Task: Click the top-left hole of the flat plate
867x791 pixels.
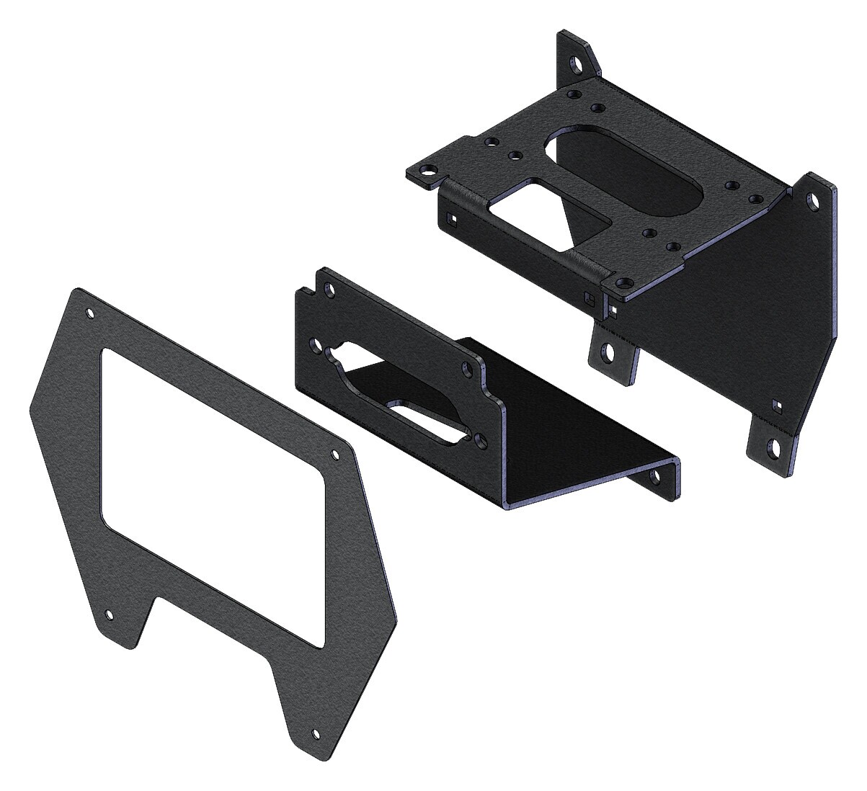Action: (90, 313)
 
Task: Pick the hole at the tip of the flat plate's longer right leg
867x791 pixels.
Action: (315, 735)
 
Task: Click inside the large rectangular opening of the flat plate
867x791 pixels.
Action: (216, 490)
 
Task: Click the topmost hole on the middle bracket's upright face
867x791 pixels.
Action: (330, 290)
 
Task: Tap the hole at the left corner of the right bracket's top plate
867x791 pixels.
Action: (430, 171)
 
